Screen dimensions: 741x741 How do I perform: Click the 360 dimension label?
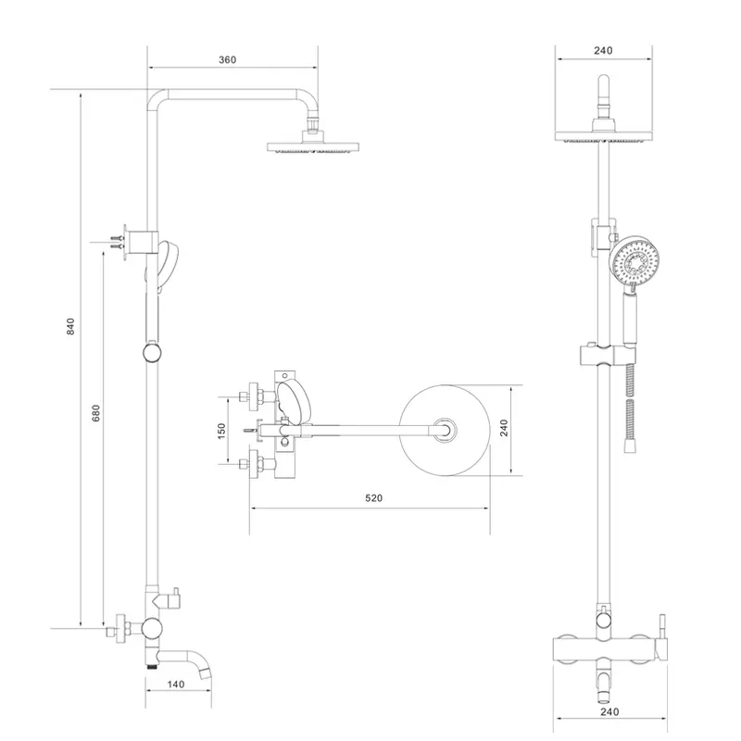[x=228, y=59]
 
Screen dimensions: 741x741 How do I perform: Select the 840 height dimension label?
[x=70, y=326]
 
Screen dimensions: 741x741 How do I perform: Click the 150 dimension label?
[x=222, y=431]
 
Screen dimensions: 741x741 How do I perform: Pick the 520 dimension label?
[x=373, y=498]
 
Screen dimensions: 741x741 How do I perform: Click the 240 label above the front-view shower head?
[x=604, y=52]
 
